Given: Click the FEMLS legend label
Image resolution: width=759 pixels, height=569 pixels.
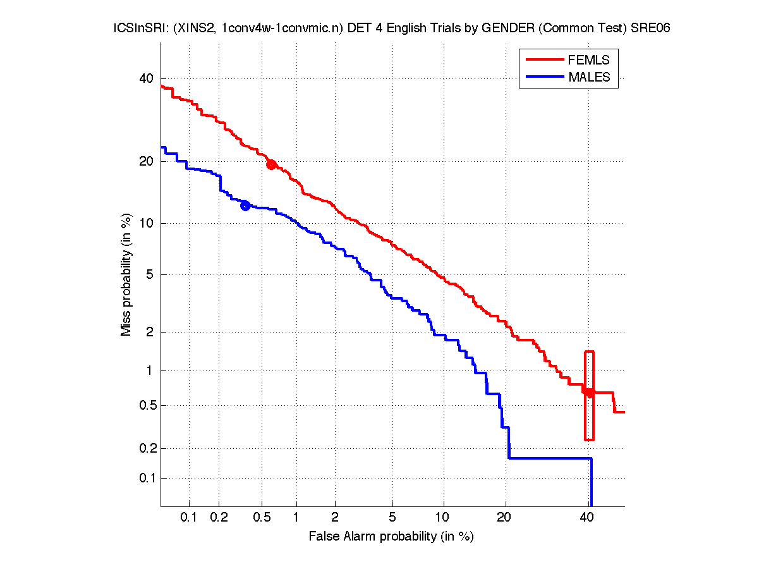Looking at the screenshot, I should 588,60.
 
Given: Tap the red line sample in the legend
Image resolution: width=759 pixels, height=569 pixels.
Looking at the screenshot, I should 544,59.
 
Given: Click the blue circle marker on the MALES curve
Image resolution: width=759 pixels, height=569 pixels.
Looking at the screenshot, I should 245,205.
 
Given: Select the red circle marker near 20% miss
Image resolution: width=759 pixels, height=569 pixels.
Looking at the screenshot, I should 271,164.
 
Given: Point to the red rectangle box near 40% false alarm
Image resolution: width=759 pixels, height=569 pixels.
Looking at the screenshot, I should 589,396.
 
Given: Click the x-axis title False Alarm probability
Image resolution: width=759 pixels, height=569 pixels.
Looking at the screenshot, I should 391,537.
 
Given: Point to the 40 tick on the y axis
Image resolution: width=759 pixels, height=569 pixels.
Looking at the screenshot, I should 146,78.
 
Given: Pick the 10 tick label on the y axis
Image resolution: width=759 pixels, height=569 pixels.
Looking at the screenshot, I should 146,223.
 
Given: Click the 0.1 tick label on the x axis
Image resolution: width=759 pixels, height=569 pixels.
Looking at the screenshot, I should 189,518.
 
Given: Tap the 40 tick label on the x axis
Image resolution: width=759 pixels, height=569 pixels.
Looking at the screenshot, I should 587,518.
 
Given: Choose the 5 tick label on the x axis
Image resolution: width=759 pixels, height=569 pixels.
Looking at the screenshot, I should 392,518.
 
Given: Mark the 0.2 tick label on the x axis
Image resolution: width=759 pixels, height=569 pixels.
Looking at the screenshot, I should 219,518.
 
